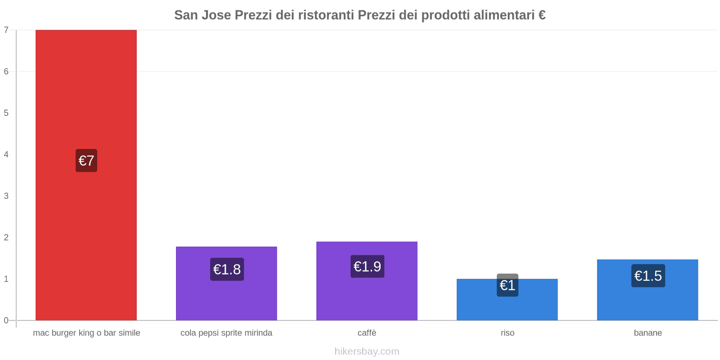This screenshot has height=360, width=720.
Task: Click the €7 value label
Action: (86, 161)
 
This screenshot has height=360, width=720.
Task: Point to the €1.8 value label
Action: (227, 269)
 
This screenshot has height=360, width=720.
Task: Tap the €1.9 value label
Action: (367, 266)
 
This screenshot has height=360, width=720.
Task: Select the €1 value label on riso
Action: (508, 285)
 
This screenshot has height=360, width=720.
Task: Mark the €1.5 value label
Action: (648, 276)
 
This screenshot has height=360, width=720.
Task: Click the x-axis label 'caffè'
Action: (367, 333)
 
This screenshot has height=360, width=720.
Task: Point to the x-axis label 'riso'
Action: (507, 333)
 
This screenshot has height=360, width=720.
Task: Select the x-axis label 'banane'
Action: (648, 333)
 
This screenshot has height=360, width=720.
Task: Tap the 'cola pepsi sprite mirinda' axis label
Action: (226, 333)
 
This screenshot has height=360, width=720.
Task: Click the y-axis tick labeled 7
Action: (6, 30)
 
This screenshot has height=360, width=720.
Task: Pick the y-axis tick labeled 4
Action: (6, 154)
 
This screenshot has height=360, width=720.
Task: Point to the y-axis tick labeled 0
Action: (6, 320)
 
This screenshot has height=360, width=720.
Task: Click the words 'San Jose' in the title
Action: (202, 15)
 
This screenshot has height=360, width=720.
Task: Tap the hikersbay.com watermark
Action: (367, 351)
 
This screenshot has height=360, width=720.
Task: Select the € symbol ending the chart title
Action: (542, 15)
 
